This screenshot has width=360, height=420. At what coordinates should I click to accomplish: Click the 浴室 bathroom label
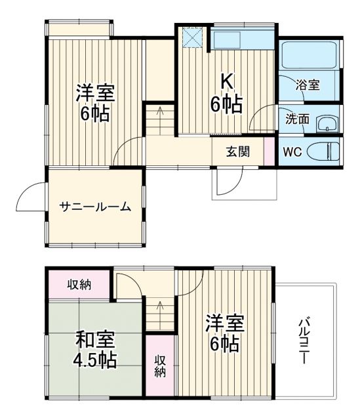[307, 84]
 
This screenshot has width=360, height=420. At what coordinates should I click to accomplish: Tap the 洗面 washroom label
[296, 119]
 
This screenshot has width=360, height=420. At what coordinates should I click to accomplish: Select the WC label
[292, 152]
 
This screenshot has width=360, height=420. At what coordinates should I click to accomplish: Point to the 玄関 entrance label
[238, 152]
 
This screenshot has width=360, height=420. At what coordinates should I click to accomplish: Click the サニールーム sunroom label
[95, 206]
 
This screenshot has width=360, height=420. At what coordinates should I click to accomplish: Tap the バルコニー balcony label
[305, 341]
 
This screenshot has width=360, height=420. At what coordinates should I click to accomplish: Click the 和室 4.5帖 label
[95, 350]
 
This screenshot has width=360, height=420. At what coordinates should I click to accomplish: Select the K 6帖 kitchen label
[226, 93]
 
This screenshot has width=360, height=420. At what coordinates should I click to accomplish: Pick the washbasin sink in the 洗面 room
[326, 123]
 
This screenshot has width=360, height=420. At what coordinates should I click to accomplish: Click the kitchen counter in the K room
[242, 40]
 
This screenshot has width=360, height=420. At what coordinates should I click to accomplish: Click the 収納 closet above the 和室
[79, 284]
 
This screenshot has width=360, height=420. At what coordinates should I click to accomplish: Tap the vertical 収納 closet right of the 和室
[160, 366]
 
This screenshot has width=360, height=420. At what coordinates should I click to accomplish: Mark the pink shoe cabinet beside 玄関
[269, 152]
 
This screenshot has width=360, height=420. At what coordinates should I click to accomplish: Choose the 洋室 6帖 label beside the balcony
[225, 333]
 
